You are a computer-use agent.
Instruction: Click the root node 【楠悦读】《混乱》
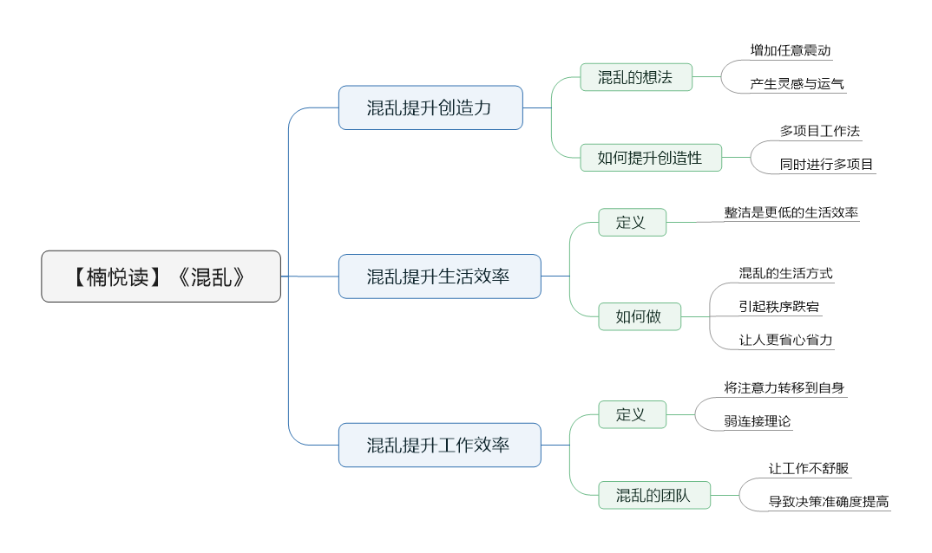(x=161, y=276)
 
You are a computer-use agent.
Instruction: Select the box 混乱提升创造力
(x=430, y=107)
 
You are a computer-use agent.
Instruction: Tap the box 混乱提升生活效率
(x=439, y=276)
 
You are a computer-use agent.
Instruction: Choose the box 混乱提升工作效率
(x=439, y=446)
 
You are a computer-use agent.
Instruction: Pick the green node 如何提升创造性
(x=650, y=158)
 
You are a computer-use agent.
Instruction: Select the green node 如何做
(x=639, y=316)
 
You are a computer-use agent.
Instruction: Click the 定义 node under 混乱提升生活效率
(x=631, y=222)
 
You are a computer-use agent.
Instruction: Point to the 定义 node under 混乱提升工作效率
(x=631, y=414)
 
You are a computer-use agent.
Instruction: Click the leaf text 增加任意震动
(x=791, y=50)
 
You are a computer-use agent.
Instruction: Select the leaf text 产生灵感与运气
(x=797, y=84)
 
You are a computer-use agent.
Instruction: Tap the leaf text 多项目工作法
(x=819, y=131)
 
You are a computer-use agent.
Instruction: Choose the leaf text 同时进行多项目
(x=826, y=164)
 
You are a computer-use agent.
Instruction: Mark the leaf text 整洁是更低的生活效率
(x=791, y=212)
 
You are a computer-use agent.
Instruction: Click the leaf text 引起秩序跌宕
(x=779, y=306)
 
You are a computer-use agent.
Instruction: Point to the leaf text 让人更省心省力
(x=785, y=340)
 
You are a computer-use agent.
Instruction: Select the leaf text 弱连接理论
(x=758, y=421)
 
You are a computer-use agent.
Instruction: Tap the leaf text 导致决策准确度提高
(x=828, y=502)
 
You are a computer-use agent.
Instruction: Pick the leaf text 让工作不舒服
(x=808, y=469)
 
